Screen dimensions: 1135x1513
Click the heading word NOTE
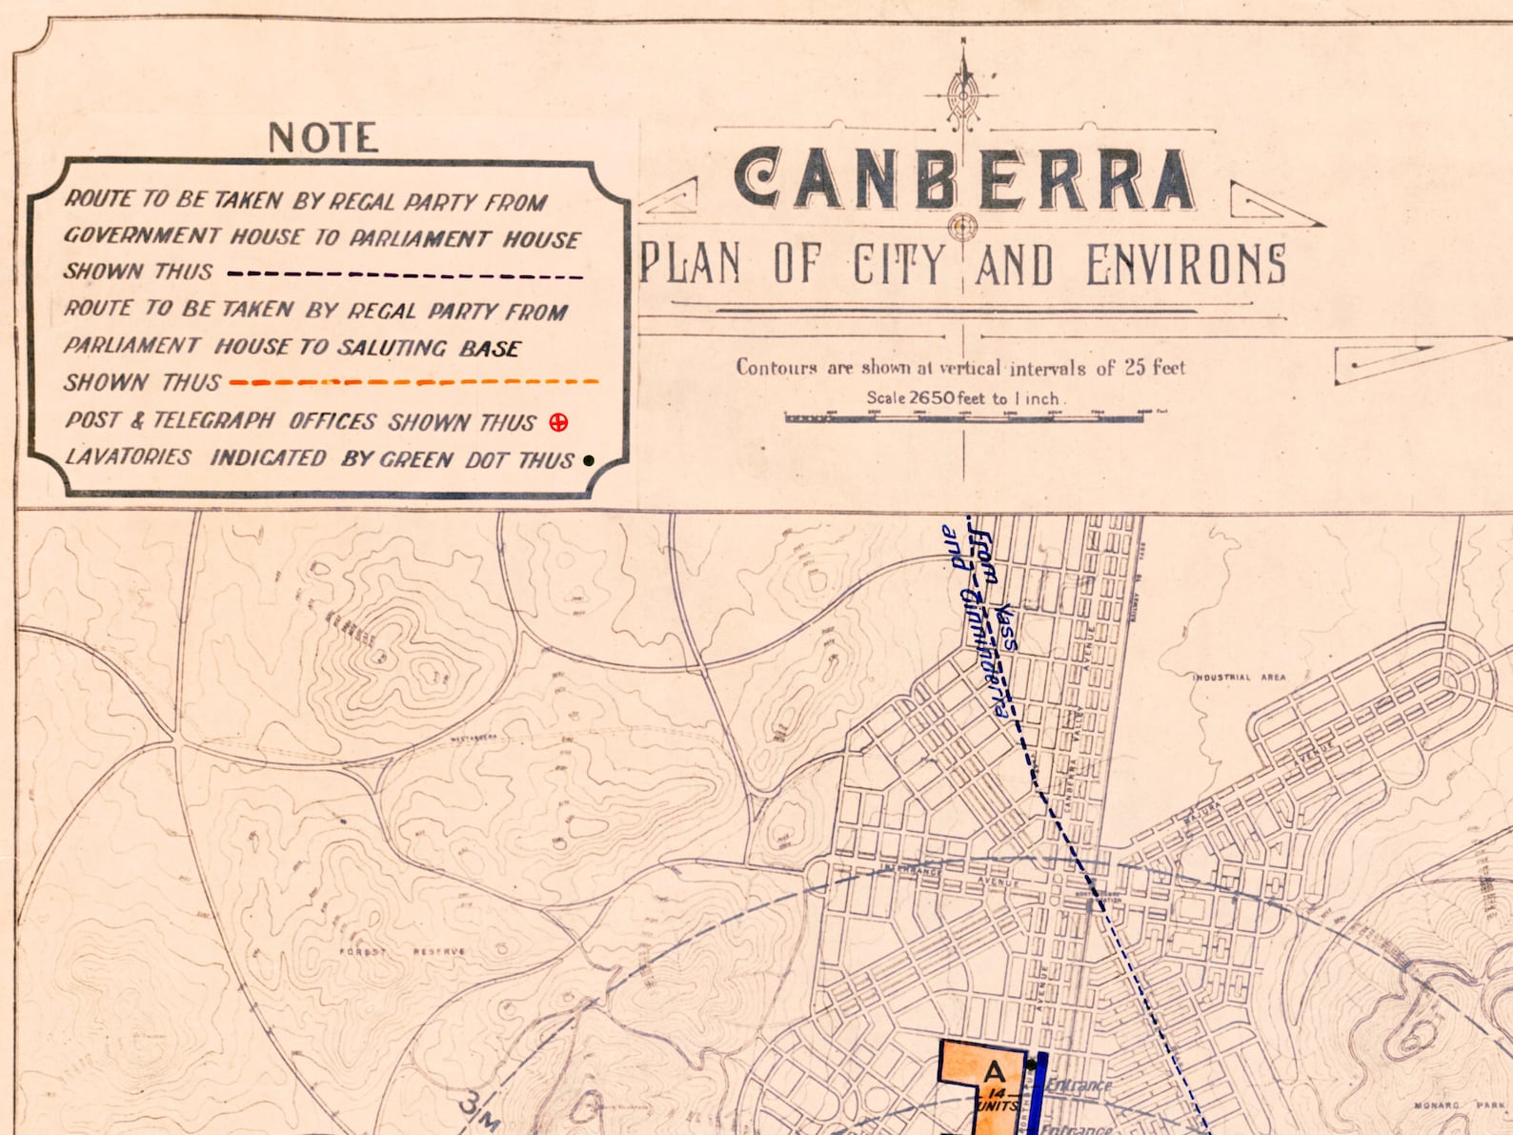click(323, 138)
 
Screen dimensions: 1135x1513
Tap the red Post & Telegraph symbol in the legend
click(558, 422)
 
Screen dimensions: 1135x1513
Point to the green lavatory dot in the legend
click(589, 460)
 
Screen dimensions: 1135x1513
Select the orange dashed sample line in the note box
click(414, 382)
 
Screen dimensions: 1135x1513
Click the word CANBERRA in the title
click(963, 180)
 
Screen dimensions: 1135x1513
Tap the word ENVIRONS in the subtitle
click(1186, 264)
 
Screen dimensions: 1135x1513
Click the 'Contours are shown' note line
click(959, 368)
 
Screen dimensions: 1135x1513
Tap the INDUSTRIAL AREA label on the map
click(1239, 678)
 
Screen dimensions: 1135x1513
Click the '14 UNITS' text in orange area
click(998, 1100)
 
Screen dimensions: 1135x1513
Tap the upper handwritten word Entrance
click(1078, 1085)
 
